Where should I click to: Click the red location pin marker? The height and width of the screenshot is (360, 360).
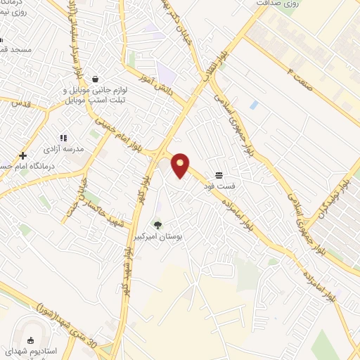[181, 165]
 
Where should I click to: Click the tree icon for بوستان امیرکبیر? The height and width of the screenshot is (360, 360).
[157, 226]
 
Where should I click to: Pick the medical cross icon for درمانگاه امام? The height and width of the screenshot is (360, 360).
[22, 155]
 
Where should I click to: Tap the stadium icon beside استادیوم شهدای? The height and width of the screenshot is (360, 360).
[30, 340]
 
